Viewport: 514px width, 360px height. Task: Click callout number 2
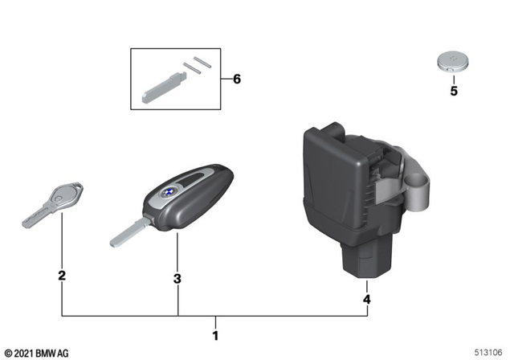pos(62,276)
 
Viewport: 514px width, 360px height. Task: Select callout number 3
pos(177,278)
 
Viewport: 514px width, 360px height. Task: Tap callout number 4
pos(366,299)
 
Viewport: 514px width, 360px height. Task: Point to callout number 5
pos(453,91)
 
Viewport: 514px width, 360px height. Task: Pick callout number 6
pos(236,80)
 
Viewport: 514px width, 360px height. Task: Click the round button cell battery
pos(453,62)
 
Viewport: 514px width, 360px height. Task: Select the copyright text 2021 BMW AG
pos(37,353)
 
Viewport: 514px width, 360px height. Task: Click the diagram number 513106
pos(490,353)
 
